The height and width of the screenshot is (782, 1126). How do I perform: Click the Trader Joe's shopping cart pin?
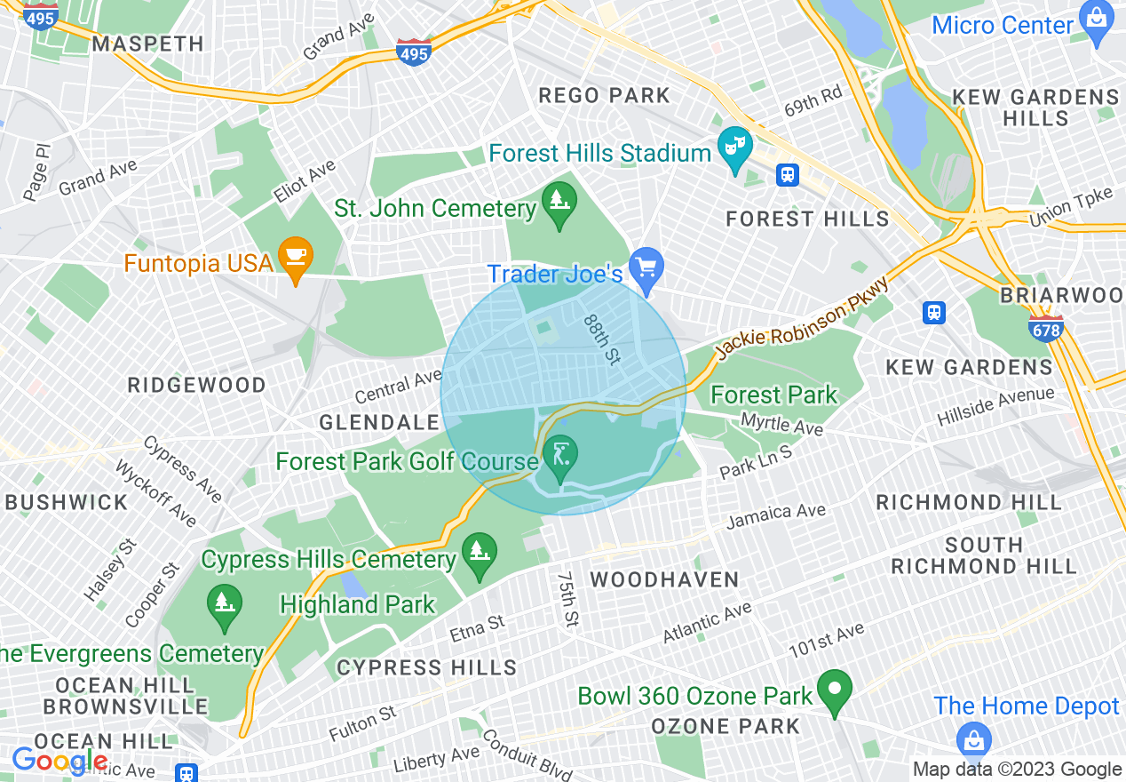(646, 267)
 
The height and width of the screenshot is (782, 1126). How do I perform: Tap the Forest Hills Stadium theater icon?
(735, 145)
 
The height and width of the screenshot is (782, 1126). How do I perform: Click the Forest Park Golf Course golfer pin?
(560, 457)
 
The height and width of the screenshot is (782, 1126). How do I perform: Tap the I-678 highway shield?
(1046, 327)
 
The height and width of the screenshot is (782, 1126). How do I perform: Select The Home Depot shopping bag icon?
(974, 739)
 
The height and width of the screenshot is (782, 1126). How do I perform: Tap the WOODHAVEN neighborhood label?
(664, 580)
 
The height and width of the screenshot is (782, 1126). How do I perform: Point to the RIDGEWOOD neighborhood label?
(197, 385)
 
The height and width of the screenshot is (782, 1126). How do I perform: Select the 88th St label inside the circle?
(602, 339)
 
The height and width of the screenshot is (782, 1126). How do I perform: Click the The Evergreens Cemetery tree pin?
(223, 604)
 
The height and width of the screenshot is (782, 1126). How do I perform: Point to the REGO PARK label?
(604, 95)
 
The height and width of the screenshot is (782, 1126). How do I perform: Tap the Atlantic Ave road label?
(708, 622)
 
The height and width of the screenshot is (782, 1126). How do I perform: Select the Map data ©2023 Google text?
(1017, 770)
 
